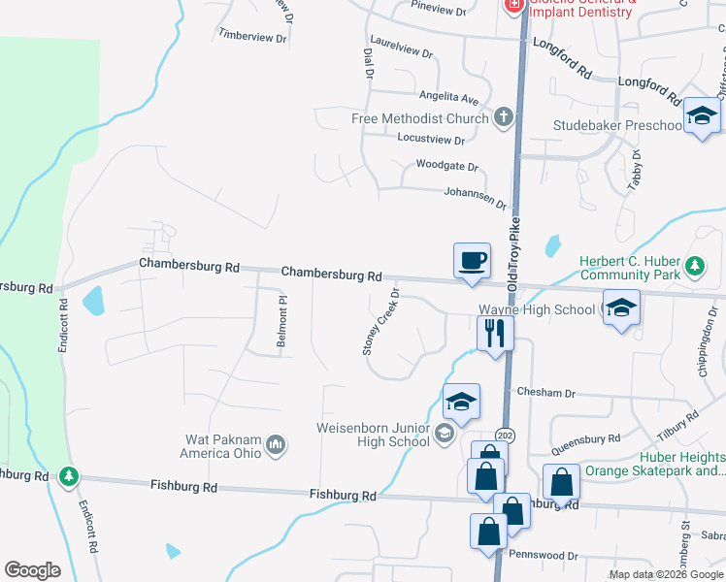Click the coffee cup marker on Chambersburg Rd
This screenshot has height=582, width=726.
coord(472,261)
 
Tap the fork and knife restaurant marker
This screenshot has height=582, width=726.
coord(495,334)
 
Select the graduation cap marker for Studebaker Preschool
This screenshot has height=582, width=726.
coord(700,117)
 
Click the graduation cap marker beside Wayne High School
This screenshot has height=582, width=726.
coord(621,309)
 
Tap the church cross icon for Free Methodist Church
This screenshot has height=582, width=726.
coord(503,118)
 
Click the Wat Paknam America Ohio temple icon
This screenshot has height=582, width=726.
coord(276,444)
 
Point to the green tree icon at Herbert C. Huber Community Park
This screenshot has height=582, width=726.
coord(694,266)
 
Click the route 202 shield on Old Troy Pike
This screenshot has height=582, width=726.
coord(504,434)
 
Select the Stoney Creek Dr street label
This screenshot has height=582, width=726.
coord(381,320)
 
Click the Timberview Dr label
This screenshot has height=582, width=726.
coord(252,37)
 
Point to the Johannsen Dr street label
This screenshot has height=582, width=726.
coord(476,198)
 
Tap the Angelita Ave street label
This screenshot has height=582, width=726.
coord(449,97)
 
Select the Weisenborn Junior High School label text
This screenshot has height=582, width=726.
coord(373,434)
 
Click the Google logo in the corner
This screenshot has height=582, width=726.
coord(33,569)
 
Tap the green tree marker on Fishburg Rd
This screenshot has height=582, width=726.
coord(68,476)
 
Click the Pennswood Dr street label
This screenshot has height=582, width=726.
coord(544,556)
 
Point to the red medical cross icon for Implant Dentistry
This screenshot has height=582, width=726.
coord(512,6)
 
